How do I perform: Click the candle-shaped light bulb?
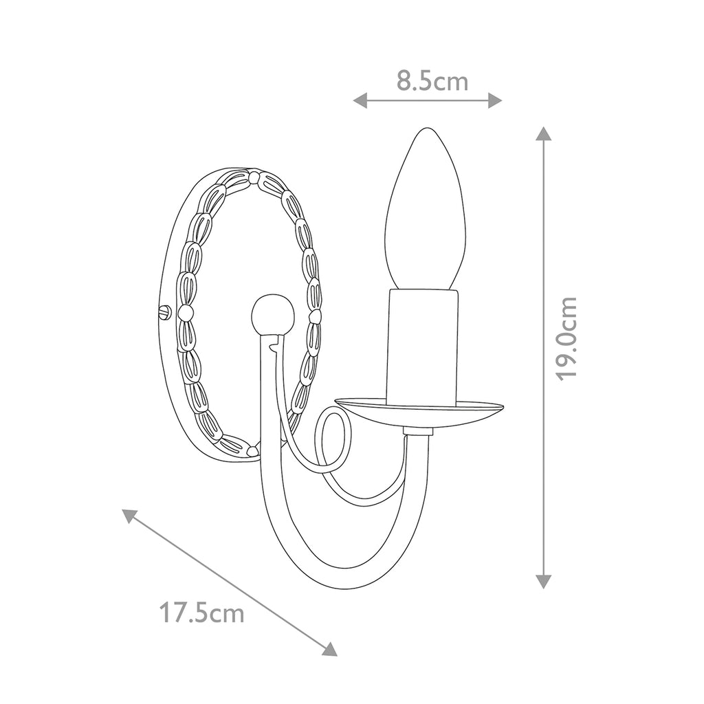pos(425,209)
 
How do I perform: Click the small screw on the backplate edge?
pos(165,311)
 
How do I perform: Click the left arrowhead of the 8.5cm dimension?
pos(360,101)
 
